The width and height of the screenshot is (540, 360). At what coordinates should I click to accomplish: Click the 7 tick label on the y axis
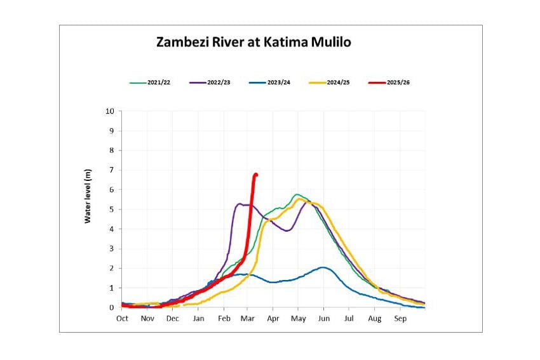coord(111,170)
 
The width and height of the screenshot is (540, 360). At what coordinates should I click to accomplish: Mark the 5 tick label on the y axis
coord(111,210)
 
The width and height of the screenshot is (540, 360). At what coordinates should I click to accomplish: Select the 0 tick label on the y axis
coord(111,307)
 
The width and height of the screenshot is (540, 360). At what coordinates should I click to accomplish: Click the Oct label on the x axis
coord(122,318)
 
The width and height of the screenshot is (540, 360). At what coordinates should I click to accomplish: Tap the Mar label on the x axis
coord(248,318)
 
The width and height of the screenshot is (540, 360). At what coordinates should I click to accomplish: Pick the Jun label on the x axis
coord(324,318)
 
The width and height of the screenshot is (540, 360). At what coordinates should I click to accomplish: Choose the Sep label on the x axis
coord(400,318)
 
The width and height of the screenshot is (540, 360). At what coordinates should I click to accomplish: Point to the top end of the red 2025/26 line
coord(255,175)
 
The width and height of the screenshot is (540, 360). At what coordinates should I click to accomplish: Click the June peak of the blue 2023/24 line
coord(323,267)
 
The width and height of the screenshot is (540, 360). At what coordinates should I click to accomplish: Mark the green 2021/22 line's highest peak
coord(297,194)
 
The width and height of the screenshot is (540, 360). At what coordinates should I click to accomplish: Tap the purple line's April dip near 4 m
coord(287,230)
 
